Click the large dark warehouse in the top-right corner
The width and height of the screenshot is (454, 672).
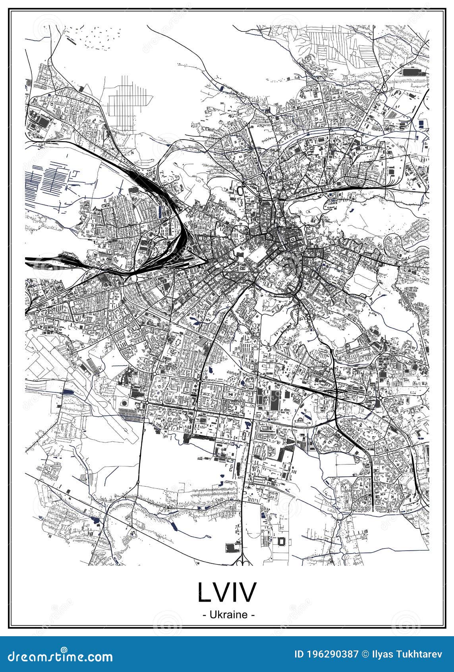pyautogui.click(x=409, y=72)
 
